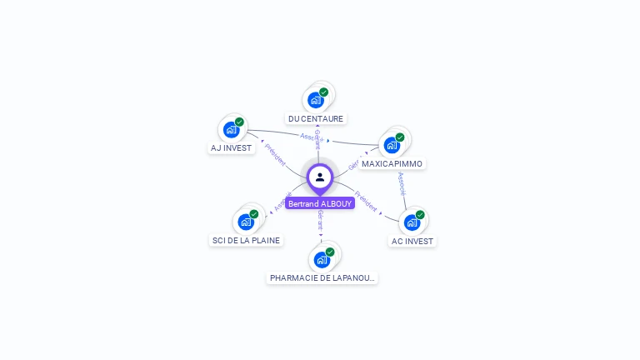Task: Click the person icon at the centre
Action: (320, 177)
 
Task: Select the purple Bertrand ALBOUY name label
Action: (320, 203)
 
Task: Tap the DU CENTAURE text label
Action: (316, 118)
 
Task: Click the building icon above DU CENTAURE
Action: (315, 100)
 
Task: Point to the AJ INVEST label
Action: (231, 148)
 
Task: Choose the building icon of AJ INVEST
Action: (231, 130)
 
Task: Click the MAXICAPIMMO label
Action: (392, 163)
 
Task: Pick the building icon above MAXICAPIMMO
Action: (392, 145)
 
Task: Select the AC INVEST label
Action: (412, 241)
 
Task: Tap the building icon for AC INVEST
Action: (412, 222)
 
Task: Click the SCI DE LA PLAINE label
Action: (246, 240)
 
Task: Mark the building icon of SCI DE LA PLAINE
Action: (246, 222)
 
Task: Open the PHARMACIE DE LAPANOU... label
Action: (322, 277)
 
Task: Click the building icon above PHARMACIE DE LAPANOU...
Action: (322, 259)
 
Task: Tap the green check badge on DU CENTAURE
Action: (324, 92)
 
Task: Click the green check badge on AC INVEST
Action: (420, 215)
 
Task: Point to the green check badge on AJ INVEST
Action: (239, 122)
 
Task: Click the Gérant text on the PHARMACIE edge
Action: (321, 220)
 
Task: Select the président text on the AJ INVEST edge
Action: (275, 155)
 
